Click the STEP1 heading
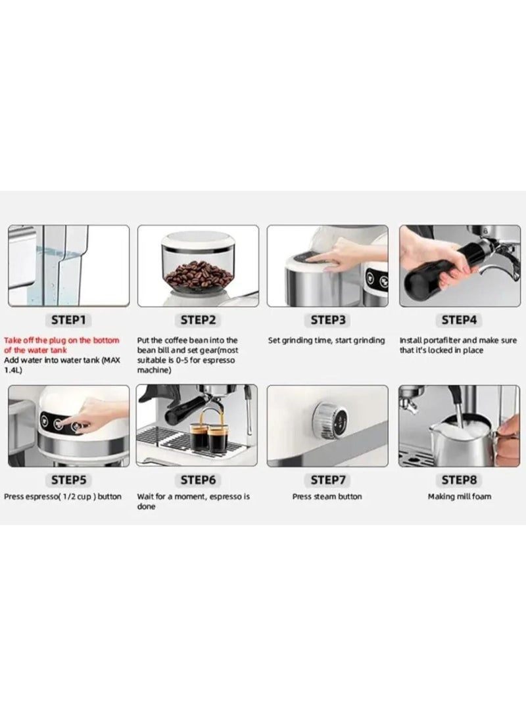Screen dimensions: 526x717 [x=68, y=319]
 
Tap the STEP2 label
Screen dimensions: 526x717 [x=198, y=319]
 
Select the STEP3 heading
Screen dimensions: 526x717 [x=327, y=319]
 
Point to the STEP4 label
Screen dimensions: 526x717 [x=459, y=319]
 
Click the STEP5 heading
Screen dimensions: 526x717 [x=68, y=480]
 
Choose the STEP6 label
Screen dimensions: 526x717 [x=198, y=480]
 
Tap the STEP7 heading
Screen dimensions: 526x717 [x=327, y=480]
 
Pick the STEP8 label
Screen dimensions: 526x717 [x=459, y=480]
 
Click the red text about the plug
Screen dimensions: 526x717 [x=62, y=345]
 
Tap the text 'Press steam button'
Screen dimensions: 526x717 [x=327, y=496]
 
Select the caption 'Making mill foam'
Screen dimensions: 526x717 [x=459, y=496]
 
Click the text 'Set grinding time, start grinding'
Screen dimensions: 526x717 [x=326, y=340]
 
